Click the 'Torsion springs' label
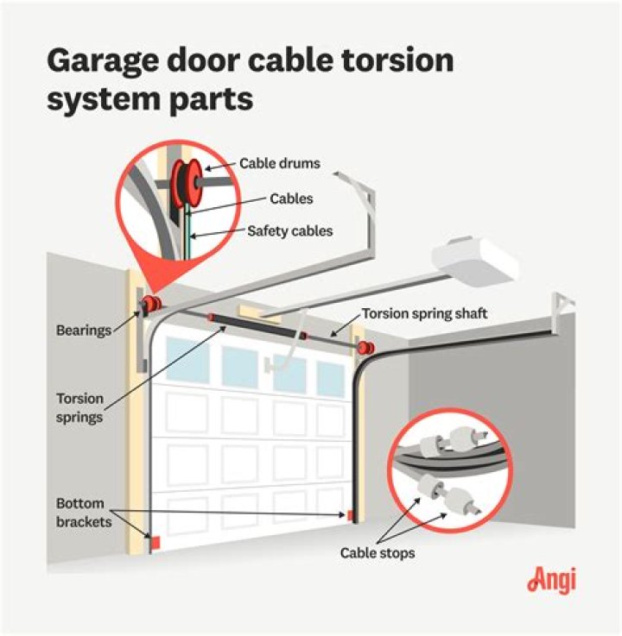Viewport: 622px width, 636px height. click(79, 407)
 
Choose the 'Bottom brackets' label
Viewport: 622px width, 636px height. click(79, 511)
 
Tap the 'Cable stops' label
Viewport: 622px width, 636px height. click(377, 552)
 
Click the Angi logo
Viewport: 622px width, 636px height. click(551, 580)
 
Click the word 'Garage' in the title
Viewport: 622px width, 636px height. click(104, 61)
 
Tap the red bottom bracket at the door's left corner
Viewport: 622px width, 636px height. click(156, 541)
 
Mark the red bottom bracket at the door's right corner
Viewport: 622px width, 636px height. click(351, 515)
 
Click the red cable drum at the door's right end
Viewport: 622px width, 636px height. click(365, 347)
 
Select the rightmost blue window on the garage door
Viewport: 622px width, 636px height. click(329, 378)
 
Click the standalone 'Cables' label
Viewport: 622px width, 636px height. click(290, 198)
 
